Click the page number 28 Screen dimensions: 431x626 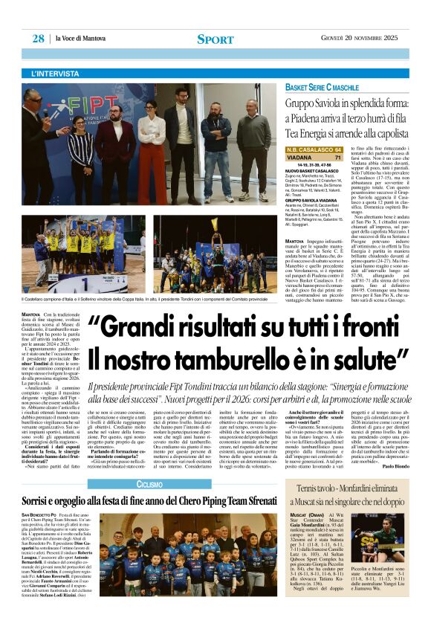tap(38, 38)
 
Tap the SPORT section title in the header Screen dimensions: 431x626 tap(215, 39)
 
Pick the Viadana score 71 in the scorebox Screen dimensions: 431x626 tap(337, 158)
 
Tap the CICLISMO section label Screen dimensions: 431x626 tap(151, 464)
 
